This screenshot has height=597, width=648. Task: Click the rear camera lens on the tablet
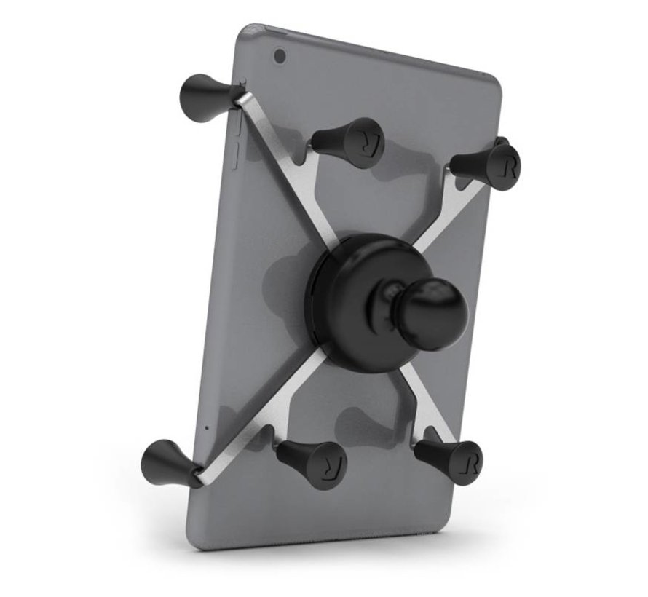click(x=279, y=55)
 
